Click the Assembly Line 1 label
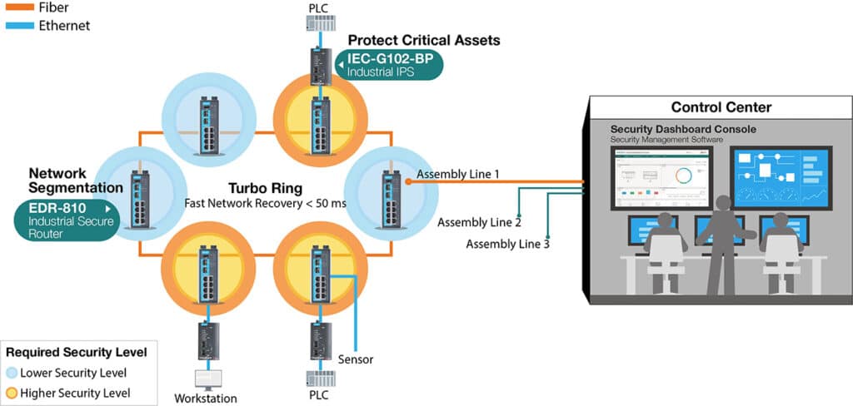coord(457,175)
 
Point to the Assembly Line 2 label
coord(479,223)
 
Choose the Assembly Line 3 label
coord(507,244)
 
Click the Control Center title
coord(721,107)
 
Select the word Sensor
coord(356,359)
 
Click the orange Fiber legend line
coord(17,7)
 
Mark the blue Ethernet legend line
coord(17,26)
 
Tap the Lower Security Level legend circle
coord(11,373)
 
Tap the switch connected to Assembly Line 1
coord(387,198)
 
